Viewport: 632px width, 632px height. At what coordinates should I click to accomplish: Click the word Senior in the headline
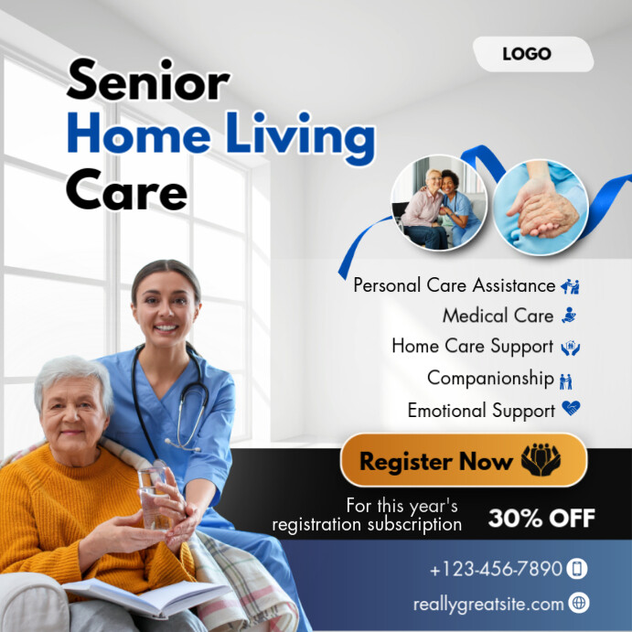click(x=147, y=81)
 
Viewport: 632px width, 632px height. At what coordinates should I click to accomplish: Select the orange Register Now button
click(x=463, y=460)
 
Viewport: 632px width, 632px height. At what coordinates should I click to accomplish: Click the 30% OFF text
click(x=541, y=519)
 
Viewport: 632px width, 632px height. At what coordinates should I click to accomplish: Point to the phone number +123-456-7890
click(x=496, y=569)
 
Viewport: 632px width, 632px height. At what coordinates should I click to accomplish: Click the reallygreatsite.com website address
click(x=488, y=604)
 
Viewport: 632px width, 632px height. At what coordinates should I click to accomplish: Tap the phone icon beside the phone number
click(x=577, y=569)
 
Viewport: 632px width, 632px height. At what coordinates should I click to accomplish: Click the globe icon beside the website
click(x=578, y=603)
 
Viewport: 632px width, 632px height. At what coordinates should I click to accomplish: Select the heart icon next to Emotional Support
click(x=572, y=410)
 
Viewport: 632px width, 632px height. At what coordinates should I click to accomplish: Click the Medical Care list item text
click(x=498, y=316)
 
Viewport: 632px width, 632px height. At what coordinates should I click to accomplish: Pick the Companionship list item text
click(x=490, y=378)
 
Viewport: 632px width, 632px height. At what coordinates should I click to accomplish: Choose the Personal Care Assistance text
click(x=454, y=285)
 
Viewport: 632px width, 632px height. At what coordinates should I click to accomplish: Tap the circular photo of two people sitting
click(x=438, y=204)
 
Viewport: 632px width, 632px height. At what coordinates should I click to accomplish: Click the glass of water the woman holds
click(x=155, y=498)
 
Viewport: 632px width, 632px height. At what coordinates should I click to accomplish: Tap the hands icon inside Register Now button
click(x=541, y=460)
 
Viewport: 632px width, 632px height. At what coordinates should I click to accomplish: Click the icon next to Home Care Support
click(x=571, y=348)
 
